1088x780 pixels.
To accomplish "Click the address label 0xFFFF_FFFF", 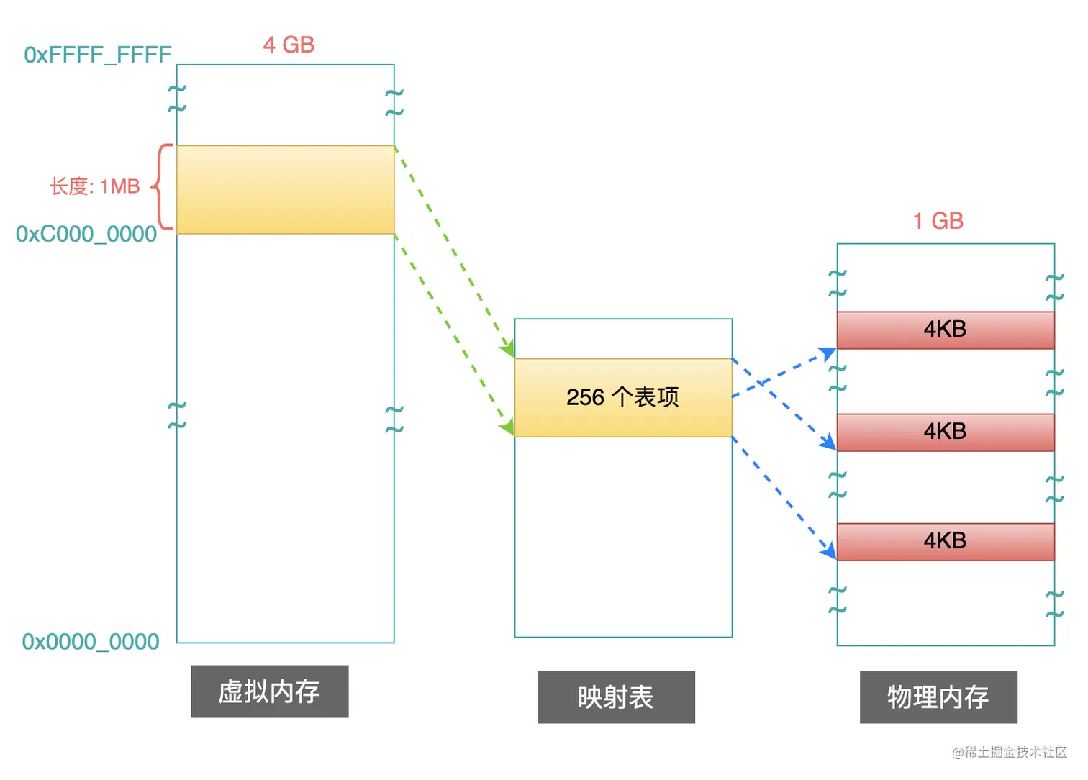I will coord(98,55).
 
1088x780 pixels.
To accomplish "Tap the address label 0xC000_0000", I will coord(86,234).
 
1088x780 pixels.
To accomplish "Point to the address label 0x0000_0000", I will coord(91,641).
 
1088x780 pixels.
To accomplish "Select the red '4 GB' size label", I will coord(289,45).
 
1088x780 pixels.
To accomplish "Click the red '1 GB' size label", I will coord(938,221).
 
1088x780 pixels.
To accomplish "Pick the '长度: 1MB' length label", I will coord(94,186).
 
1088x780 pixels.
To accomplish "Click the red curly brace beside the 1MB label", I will coord(163,187).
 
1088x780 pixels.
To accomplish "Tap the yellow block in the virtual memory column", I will coord(285,189).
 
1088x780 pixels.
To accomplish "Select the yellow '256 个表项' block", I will coord(623,397).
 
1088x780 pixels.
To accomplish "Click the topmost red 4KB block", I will coord(946,330).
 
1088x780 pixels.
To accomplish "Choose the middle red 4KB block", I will coord(946,432).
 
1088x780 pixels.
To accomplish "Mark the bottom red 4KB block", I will coord(946,541).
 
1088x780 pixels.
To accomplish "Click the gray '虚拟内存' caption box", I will coord(269,691).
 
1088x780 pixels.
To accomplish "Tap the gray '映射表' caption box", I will coord(616,697).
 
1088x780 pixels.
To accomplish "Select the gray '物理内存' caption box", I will coord(938,697).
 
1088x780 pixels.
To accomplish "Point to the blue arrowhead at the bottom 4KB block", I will coord(830,551).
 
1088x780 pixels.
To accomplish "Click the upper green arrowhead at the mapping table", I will coord(508,350).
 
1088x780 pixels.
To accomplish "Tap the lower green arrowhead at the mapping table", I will coord(507,428).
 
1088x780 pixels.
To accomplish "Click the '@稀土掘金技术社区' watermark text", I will coord(1009,752).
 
